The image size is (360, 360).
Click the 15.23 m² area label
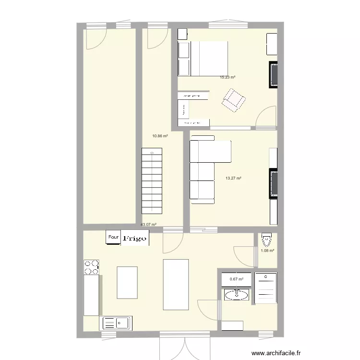tap(228, 77)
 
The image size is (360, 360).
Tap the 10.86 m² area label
tap(160, 136)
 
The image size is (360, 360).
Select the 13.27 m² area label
tap(233, 179)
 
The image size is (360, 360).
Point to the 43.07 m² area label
tap(148, 225)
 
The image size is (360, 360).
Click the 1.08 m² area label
tap(267, 251)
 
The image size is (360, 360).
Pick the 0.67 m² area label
tap(236, 279)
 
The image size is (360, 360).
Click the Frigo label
tap(135, 238)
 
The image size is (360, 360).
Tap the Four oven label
tap(113, 237)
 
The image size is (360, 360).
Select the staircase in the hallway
tap(152, 181)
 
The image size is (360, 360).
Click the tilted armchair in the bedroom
tap(234, 99)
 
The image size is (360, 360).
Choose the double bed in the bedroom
tap(203, 58)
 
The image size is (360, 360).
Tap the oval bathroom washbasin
tap(237, 295)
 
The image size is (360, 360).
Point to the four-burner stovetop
tap(92, 267)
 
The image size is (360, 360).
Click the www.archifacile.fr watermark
tap(275, 352)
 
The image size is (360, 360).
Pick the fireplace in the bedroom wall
tap(273, 75)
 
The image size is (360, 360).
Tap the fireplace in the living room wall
tap(273, 183)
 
